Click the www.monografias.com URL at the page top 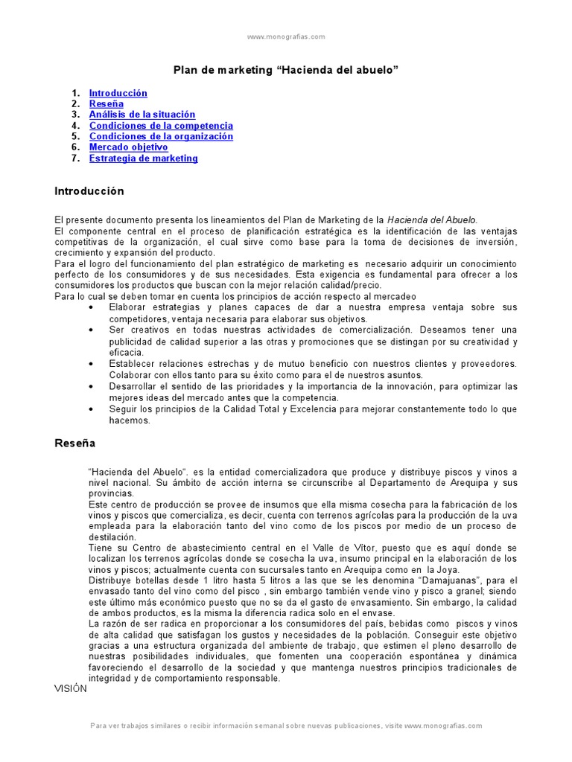point(285,36)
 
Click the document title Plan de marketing point(286,69)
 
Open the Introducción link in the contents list point(118,93)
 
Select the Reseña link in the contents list point(106,104)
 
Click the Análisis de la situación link point(142,115)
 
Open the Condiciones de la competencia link point(161,126)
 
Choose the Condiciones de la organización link point(161,136)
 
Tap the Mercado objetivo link point(128,147)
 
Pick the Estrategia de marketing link point(143,158)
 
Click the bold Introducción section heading point(89,191)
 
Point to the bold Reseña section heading point(74,443)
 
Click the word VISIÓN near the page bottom point(71,688)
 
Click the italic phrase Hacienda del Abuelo point(432,220)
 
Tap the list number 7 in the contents point(75,158)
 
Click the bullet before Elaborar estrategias point(91,307)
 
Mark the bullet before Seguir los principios point(91,409)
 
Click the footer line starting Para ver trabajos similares point(285,726)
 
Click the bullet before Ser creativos point(91,330)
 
